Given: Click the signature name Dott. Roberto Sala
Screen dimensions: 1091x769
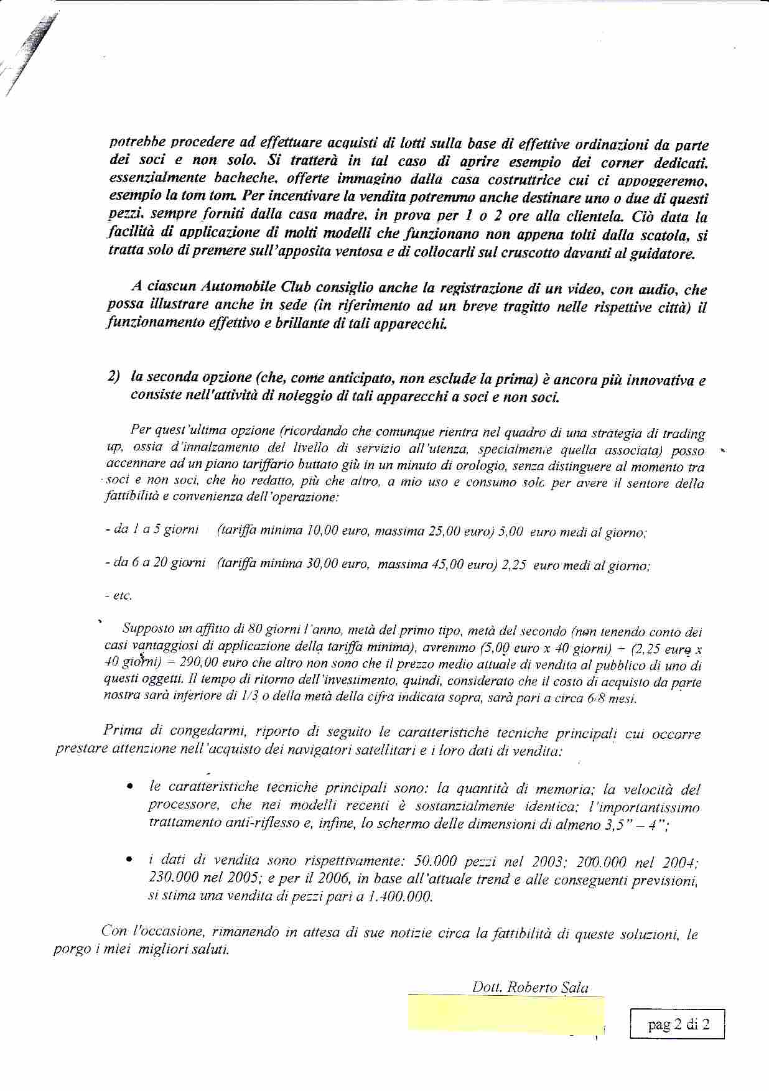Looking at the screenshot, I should (x=530, y=987).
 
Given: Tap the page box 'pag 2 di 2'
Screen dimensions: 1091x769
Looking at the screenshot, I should (x=678, y=1024).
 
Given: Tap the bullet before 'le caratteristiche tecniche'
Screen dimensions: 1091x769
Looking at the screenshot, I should (x=128, y=788).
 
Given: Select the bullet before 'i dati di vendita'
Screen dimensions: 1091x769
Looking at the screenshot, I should (x=128, y=861).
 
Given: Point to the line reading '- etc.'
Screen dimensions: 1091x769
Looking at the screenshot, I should (x=118, y=596).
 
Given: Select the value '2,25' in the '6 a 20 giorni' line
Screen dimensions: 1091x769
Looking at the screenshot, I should (x=514, y=565).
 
